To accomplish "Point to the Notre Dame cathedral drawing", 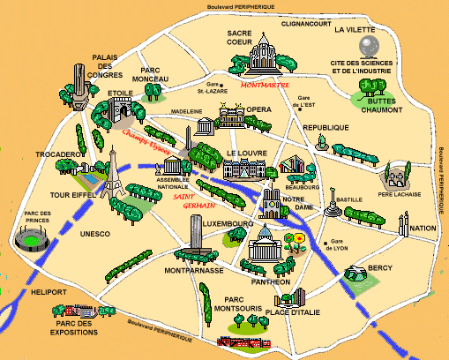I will click(x=272, y=202).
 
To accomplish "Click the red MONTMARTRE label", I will click(x=264, y=86).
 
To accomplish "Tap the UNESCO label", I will click(x=94, y=234).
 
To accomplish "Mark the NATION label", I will click(x=423, y=228).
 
